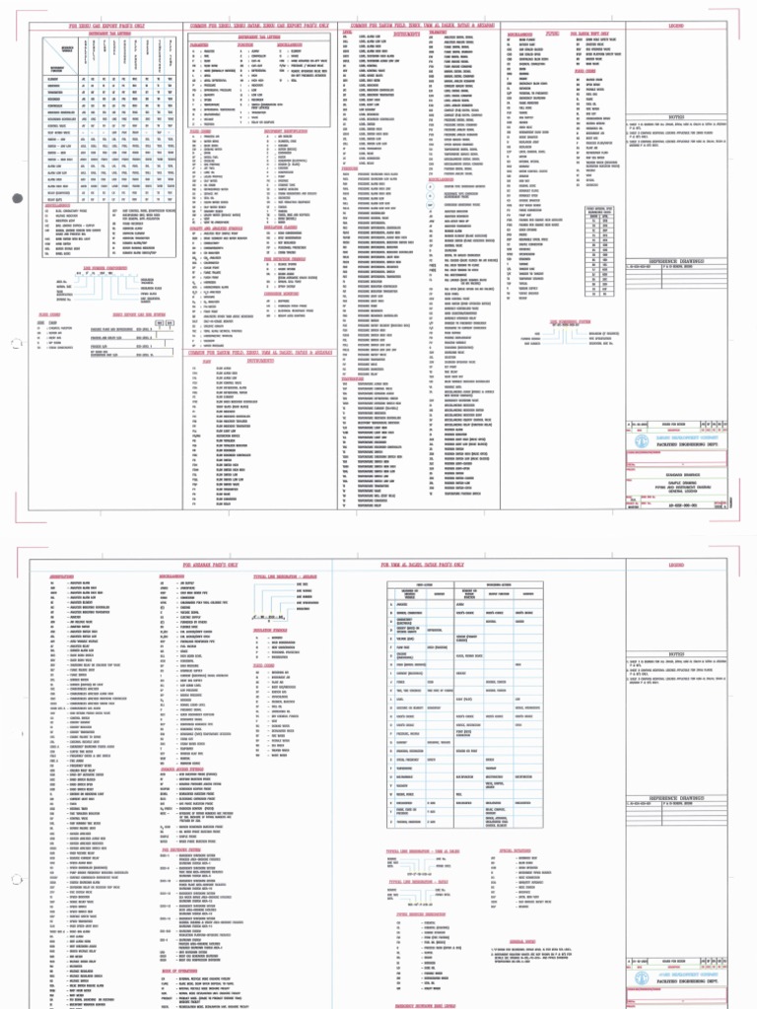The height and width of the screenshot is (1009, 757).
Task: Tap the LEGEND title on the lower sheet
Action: click(676, 565)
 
